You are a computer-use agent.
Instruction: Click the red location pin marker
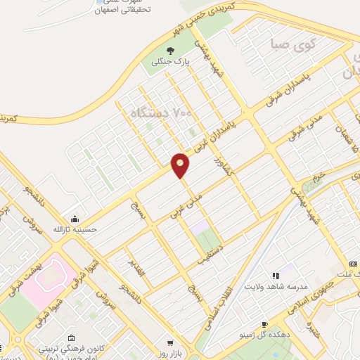pos(181,165)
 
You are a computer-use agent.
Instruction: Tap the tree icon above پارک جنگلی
pos(170,50)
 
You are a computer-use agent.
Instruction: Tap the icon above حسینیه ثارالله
pos(75,217)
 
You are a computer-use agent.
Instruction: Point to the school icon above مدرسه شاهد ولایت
pos(275,275)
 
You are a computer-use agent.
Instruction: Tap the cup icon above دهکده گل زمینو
pos(264,324)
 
